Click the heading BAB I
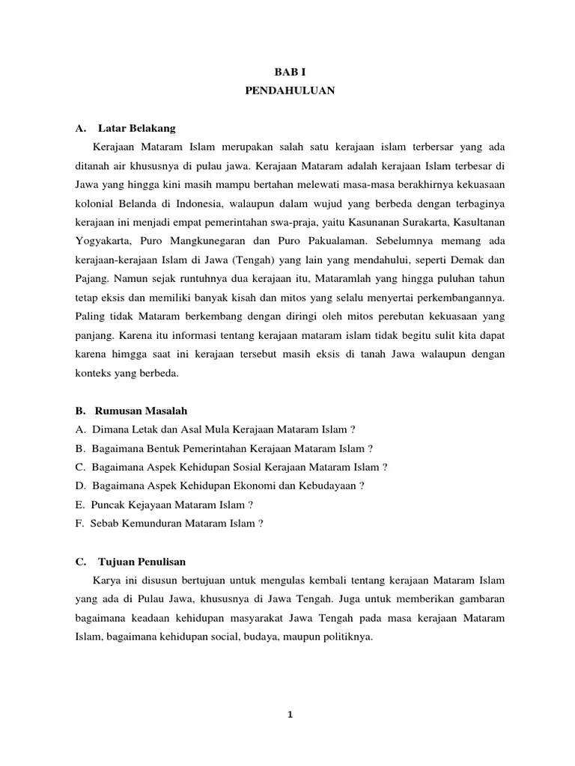tap(289, 71)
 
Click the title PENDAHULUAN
tap(289, 91)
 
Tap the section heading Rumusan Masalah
tap(142, 411)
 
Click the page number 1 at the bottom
tap(290, 714)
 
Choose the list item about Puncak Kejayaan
tap(164, 505)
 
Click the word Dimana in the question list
tap(111, 429)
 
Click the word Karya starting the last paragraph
tap(107, 580)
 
